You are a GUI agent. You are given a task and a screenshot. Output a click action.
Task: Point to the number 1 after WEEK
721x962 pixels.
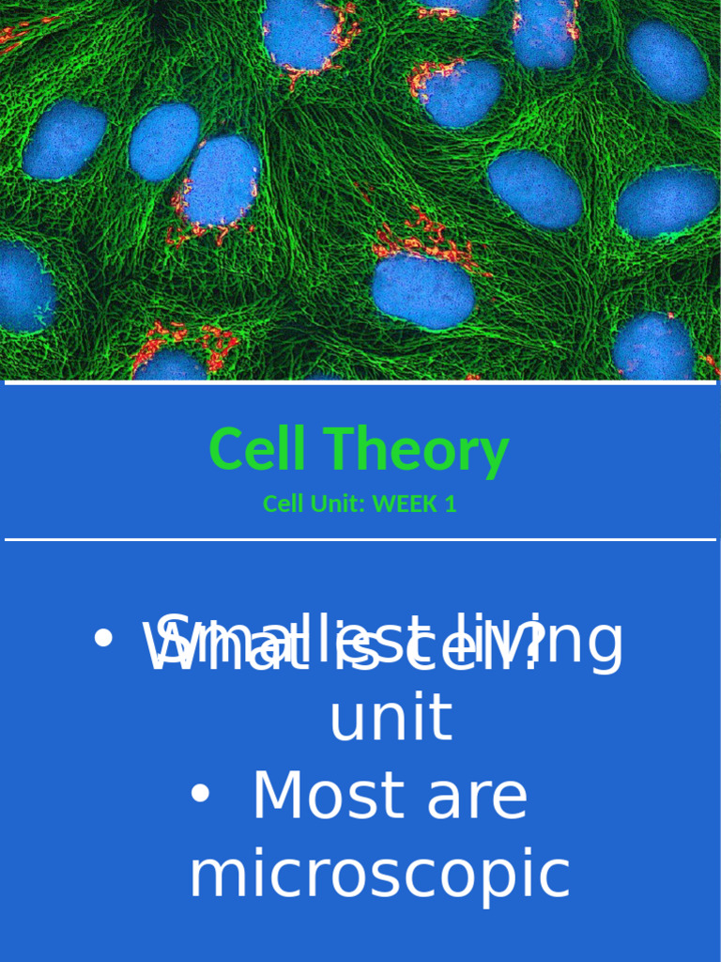[451, 504]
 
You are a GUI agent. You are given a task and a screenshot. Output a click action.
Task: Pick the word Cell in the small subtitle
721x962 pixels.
[282, 504]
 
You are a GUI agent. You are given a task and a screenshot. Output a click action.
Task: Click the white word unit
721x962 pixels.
[391, 719]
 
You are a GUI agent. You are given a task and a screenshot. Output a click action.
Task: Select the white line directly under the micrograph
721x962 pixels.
[360, 383]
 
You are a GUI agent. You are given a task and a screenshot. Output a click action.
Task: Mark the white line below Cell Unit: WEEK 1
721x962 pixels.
[360, 540]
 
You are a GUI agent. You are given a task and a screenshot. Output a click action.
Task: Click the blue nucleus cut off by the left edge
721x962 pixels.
[23, 287]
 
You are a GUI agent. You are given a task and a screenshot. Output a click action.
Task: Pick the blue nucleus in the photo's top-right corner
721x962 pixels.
[667, 61]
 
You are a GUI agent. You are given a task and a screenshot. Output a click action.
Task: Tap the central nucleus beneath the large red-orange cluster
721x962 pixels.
[422, 290]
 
